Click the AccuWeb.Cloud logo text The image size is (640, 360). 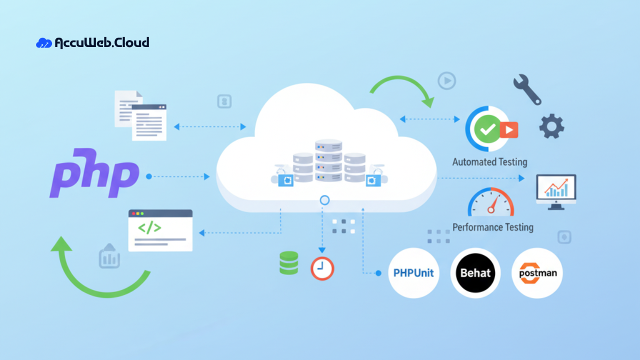pyautogui.click(x=101, y=42)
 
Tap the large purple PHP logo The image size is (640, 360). pyautogui.click(x=94, y=173)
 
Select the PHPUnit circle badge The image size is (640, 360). pyautogui.click(x=413, y=273)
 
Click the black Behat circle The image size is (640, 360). pyautogui.click(x=475, y=273)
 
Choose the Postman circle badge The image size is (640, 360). pyautogui.click(x=537, y=273)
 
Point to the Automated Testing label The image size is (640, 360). pyautogui.click(x=489, y=162)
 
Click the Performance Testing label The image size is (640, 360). pyautogui.click(x=492, y=227)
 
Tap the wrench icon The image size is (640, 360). pyautogui.click(x=527, y=89)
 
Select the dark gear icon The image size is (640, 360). pyautogui.click(x=551, y=126)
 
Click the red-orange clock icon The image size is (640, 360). pyautogui.click(x=322, y=268)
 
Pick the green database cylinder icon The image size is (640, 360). pyautogui.click(x=288, y=263)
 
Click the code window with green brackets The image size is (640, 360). pyautogui.click(x=160, y=230)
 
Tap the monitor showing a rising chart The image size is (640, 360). pyautogui.click(x=556, y=191)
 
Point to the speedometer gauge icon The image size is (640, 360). pyautogui.click(x=490, y=203)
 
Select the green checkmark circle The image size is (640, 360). pyautogui.click(x=486, y=129)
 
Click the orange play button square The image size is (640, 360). pyautogui.click(x=509, y=130)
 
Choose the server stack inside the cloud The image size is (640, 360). pyautogui.click(x=328, y=163)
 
